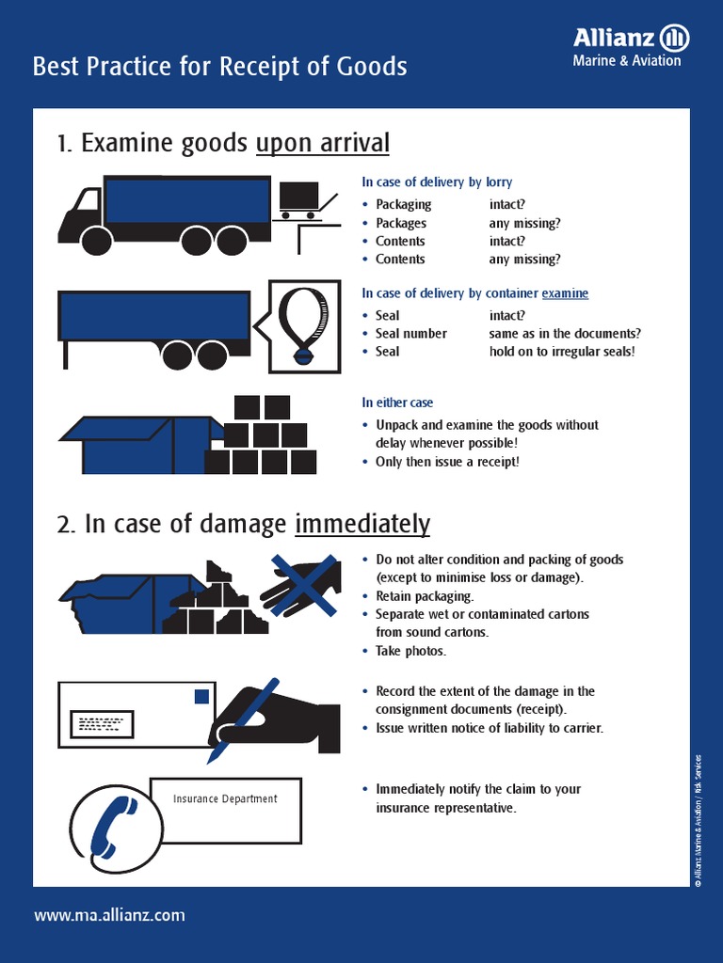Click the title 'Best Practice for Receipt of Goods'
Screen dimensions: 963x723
219,67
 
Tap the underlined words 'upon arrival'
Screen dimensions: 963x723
322,143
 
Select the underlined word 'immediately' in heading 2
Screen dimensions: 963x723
362,524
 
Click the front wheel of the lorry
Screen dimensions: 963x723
96,240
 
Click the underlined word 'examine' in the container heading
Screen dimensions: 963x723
565,293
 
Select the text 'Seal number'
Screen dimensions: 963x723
410,334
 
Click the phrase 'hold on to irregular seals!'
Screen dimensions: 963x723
562,352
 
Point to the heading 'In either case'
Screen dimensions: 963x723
397,403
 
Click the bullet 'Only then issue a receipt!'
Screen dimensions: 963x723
447,462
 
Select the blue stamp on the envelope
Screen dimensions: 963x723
201,697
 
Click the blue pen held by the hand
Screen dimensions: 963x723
243,718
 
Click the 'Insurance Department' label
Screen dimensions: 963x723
225,799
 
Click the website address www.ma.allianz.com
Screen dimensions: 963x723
109,915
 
